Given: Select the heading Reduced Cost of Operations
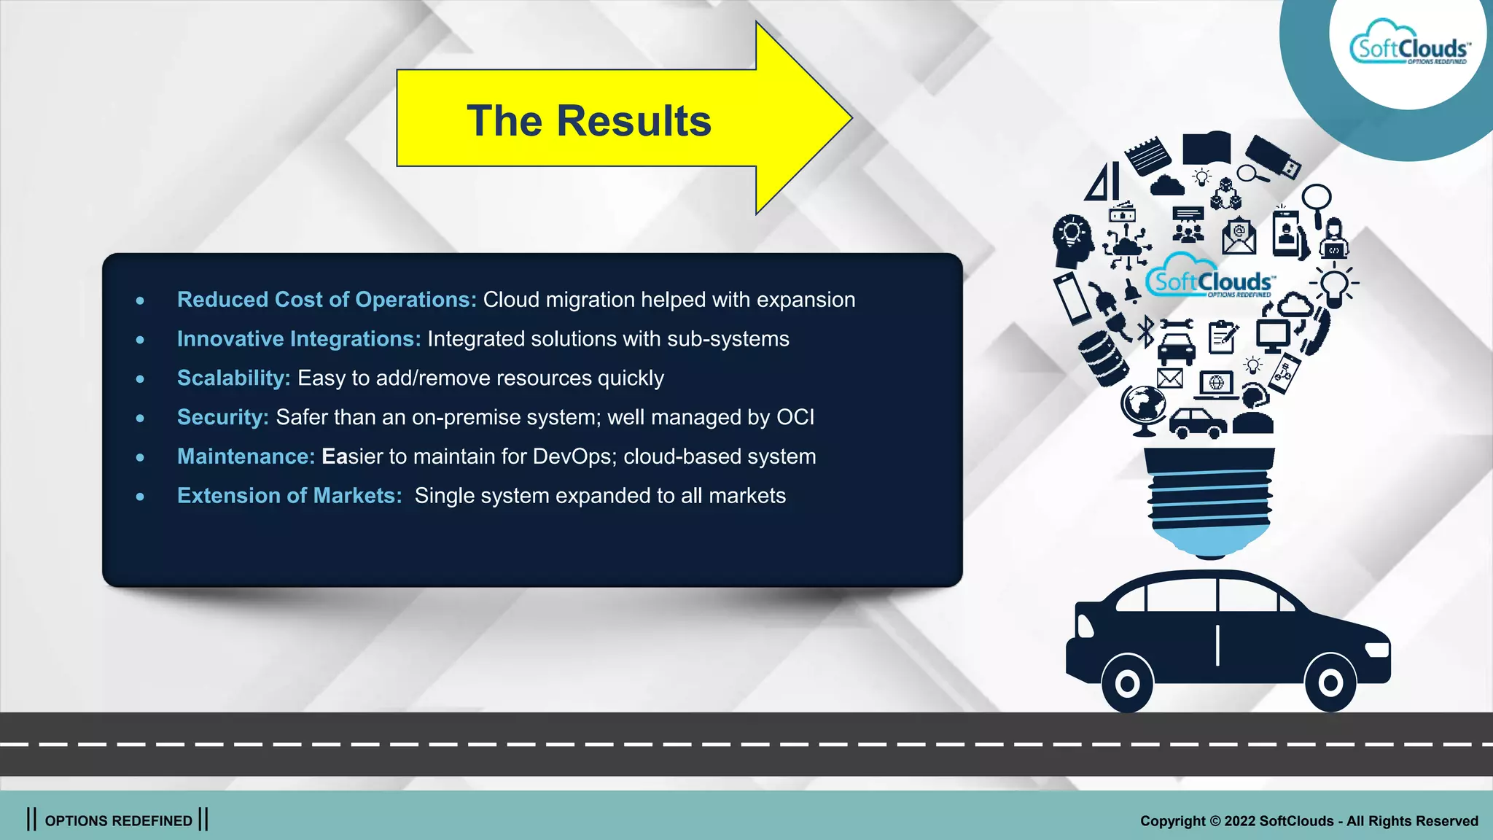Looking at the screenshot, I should click(x=327, y=300).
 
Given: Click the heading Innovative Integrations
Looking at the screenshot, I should click(x=299, y=339).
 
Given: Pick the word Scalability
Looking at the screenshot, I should click(x=233, y=378).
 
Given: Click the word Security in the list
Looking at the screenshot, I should click(x=222, y=417).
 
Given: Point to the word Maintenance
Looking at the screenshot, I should click(x=246, y=456).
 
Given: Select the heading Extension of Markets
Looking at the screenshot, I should click(x=289, y=496).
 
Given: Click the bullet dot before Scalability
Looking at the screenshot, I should click(x=140, y=378).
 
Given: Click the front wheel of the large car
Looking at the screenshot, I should click(x=1330, y=683).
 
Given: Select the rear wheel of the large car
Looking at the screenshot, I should click(x=1127, y=684).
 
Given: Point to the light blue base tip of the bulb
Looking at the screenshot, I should click(x=1210, y=543).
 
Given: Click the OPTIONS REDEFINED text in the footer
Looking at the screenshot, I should click(x=118, y=820).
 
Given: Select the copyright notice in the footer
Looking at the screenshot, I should click(x=1309, y=820).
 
